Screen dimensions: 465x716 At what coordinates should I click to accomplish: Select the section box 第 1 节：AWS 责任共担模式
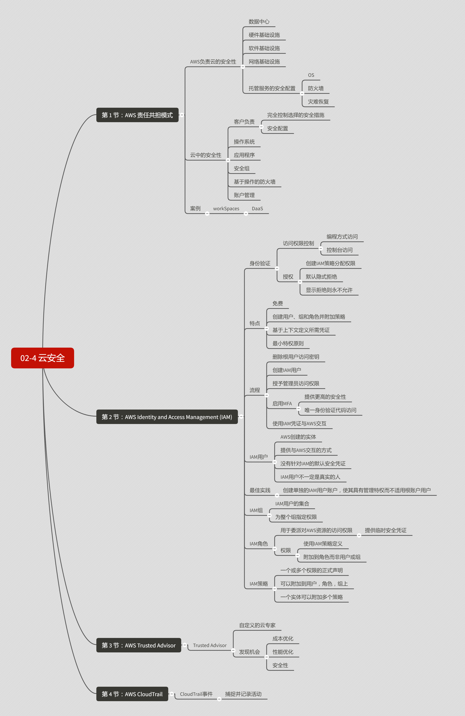coord(137,115)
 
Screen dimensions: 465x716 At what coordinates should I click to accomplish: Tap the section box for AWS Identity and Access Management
coord(167,417)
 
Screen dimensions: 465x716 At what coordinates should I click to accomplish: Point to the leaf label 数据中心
coord(259,22)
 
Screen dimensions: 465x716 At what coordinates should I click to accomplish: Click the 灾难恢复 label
coord(318,102)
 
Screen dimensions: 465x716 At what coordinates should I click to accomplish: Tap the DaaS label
coord(257,209)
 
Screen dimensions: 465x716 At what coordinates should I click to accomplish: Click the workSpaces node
coord(226,209)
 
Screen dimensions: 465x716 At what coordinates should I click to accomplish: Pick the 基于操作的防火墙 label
coord(254,182)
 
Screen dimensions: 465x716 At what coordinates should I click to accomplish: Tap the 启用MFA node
coord(282,403)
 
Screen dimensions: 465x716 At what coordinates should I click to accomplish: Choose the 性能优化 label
coord(283,652)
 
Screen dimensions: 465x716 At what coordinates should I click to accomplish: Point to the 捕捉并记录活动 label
coord(243,694)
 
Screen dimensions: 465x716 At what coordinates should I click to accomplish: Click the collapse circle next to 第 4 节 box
coord(172,694)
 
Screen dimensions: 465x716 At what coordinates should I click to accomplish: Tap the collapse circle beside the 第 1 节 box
coord(182,115)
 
